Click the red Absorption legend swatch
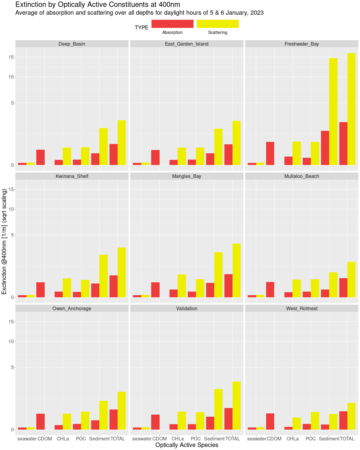click(x=172, y=24)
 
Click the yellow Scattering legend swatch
click(x=217, y=24)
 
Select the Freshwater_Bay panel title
click(x=301, y=44)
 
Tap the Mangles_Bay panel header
click(x=187, y=176)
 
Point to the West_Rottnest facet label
click(x=301, y=309)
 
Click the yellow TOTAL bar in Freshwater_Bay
click(x=351, y=109)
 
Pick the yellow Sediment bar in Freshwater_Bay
click(x=333, y=112)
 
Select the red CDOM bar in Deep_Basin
click(x=40, y=157)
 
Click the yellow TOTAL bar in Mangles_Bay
click(x=236, y=271)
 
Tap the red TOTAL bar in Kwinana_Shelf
click(x=113, y=286)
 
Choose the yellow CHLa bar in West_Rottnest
click(x=297, y=424)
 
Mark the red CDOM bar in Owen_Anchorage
click(x=40, y=422)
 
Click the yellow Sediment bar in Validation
click(x=218, y=409)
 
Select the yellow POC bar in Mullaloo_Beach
click(x=315, y=289)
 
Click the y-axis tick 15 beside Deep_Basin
click(x=11, y=57)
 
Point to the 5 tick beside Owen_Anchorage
click(x=12, y=367)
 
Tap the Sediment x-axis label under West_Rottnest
click(x=329, y=439)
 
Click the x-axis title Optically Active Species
click(x=187, y=445)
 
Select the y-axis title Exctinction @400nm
click(x=4, y=241)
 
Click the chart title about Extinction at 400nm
click(x=97, y=4)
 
